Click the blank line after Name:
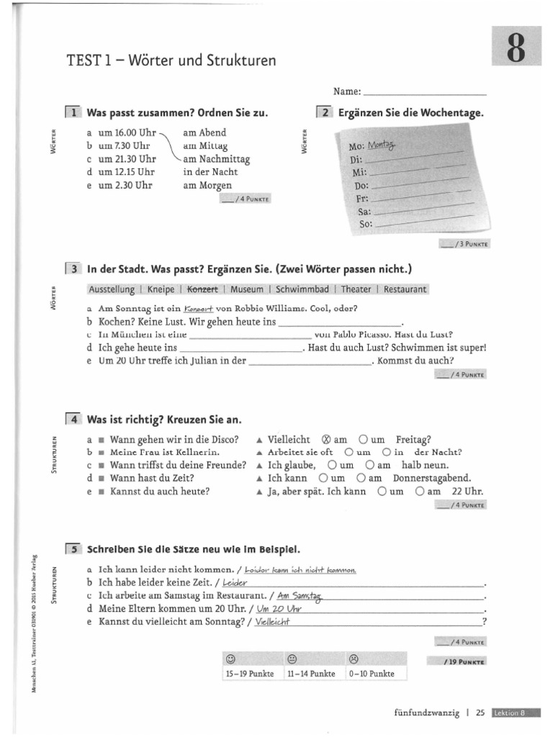[425, 93]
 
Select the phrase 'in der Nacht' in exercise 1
[210, 172]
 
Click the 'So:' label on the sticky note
[364, 225]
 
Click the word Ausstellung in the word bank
[111, 289]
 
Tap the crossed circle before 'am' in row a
[325, 439]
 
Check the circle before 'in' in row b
[387, 453]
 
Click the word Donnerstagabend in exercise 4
[432, 478]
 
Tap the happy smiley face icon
[230, 659]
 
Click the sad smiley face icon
[354, 659]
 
